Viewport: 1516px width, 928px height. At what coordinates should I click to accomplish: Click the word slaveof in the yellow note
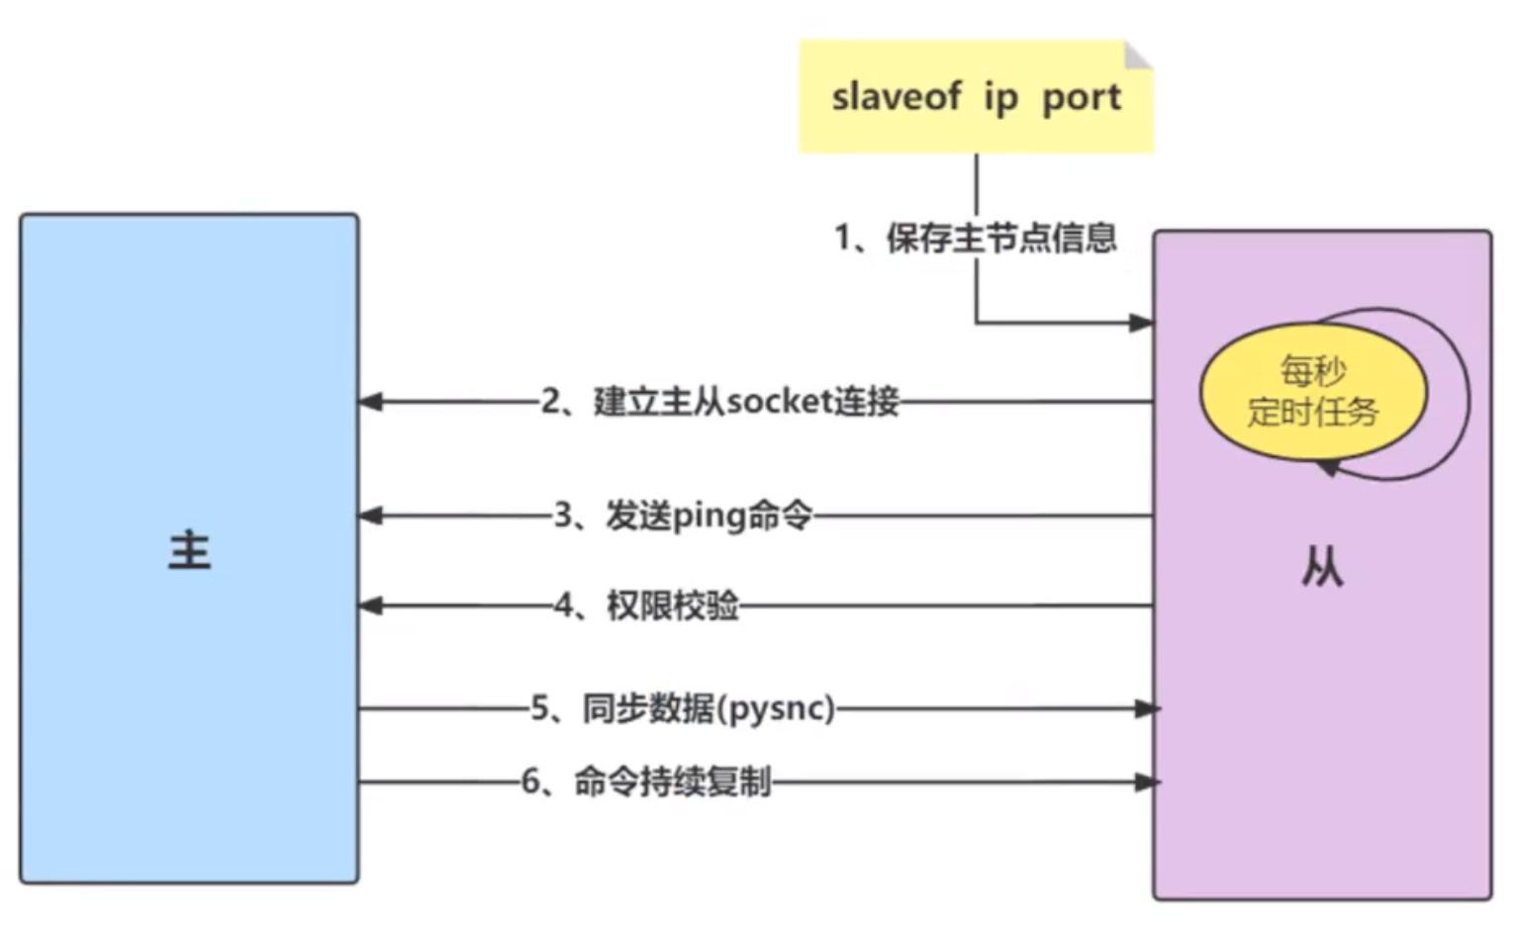(897, 96)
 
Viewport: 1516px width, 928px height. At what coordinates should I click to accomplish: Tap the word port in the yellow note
(1082, 99)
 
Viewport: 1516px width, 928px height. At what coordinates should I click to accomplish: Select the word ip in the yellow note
(1001, 98)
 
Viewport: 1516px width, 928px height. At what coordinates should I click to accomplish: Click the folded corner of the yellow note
(1138, 54)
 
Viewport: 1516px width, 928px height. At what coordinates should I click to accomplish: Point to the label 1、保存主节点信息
(976, 238)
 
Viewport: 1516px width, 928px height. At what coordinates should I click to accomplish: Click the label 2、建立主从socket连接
(720, 402)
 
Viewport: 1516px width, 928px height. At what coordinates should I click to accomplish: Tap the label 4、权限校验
(646, 605)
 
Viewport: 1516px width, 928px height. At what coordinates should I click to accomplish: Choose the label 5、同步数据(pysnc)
(683, 709)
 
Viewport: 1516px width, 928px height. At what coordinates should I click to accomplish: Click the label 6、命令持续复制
(646, 782)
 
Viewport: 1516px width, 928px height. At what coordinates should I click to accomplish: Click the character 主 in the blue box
(190, 551)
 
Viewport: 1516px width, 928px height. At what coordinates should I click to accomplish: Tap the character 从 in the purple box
(1322, 567)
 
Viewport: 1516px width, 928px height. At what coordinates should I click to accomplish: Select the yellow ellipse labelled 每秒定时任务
(1314, 393)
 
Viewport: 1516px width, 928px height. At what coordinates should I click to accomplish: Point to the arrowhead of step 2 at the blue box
(370, 402)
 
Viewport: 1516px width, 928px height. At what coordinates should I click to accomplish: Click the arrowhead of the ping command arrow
(370, 515)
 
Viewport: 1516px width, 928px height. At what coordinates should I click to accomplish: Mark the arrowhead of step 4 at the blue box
(370, 605)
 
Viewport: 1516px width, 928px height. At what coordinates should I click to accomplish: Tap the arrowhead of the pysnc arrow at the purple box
(1148, 708)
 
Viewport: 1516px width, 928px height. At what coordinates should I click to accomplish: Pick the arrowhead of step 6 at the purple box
(1148, 782)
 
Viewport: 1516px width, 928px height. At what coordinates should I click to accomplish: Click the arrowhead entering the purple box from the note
(1142, 323)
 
